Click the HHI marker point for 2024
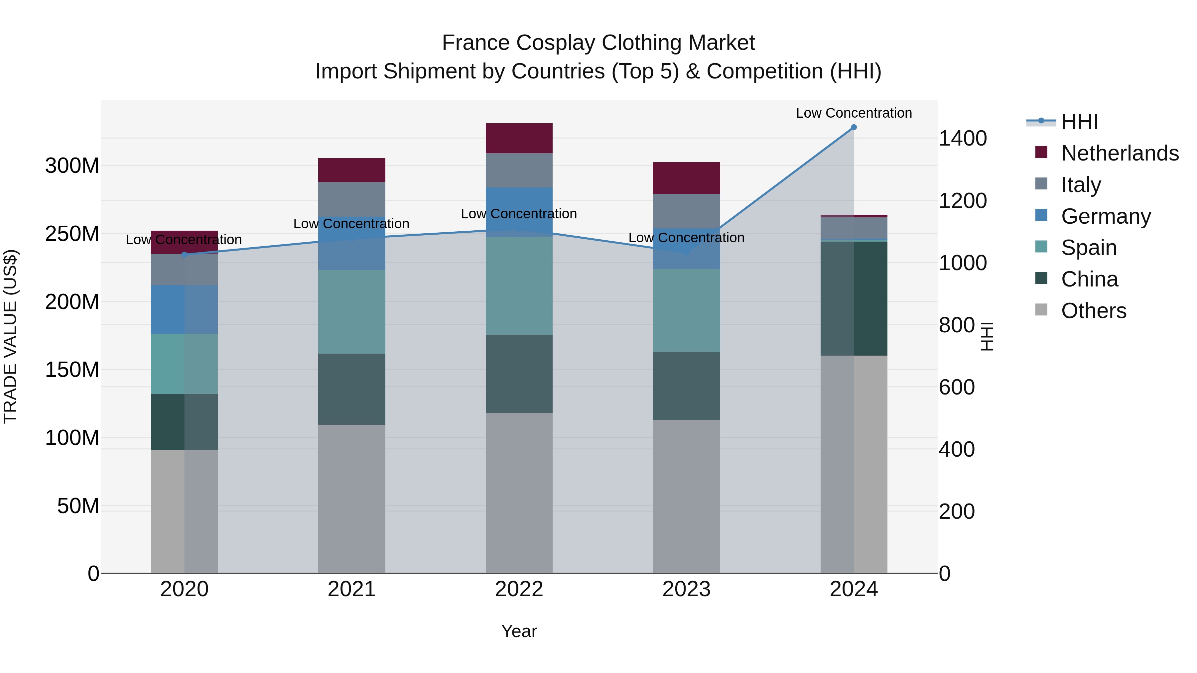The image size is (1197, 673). tap(854, 127)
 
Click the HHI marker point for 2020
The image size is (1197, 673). tap(185, 255)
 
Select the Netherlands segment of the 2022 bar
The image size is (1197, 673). tap(519, 138)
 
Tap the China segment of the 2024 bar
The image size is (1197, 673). tap(854, 298)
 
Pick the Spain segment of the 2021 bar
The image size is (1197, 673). tap(352, 312)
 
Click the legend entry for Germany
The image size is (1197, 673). tap(1106, 216)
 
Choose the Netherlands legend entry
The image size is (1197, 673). tap(1120, 153)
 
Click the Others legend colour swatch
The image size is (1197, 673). tap(1041, 310)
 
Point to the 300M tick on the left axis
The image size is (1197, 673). tap(72, 166)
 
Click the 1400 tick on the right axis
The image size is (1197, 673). tap(963, 138)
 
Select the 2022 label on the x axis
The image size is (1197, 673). tap(519, 589)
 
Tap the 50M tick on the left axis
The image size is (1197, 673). tap(78, 506)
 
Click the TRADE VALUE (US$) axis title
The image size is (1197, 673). tap(11, 336)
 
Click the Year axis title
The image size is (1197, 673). tap(519, 631)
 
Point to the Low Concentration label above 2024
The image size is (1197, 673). tap(854, 113)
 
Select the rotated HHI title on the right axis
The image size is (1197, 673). tap(987, 336)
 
